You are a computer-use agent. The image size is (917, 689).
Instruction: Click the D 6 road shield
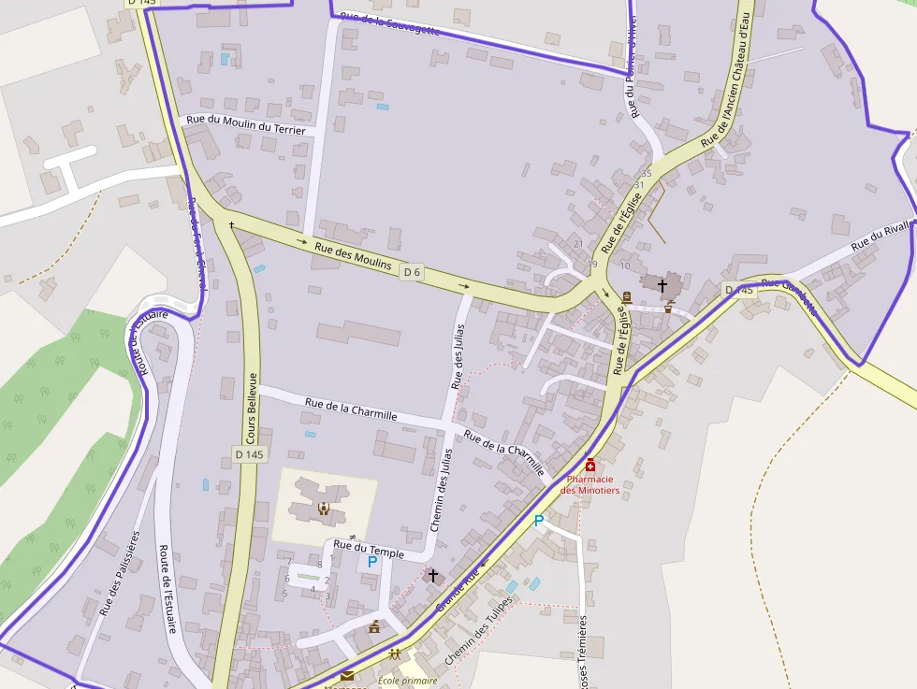412,272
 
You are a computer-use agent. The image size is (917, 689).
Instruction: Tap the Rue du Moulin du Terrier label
246,124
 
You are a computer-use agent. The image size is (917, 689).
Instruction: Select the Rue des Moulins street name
353,256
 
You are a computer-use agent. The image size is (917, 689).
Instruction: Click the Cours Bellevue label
251,408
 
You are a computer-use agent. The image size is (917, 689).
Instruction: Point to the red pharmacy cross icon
590,465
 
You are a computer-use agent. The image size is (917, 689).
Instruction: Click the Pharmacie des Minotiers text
590,485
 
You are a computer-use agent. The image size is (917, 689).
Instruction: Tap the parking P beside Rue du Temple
372,562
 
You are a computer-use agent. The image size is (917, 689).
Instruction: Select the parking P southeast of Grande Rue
538,521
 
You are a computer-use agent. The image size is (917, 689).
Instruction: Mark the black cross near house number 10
662,284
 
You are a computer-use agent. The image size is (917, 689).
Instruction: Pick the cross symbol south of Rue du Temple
432,575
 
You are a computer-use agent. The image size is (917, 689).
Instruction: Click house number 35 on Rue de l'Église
646,174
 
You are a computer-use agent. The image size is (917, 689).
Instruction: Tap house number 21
577,244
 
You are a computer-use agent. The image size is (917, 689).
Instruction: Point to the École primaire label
408,681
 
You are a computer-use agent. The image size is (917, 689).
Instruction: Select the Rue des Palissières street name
120,573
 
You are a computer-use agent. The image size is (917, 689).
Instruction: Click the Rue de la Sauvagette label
390,23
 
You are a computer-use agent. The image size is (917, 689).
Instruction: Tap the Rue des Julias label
458,355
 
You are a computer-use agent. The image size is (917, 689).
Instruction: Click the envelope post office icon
347,675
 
